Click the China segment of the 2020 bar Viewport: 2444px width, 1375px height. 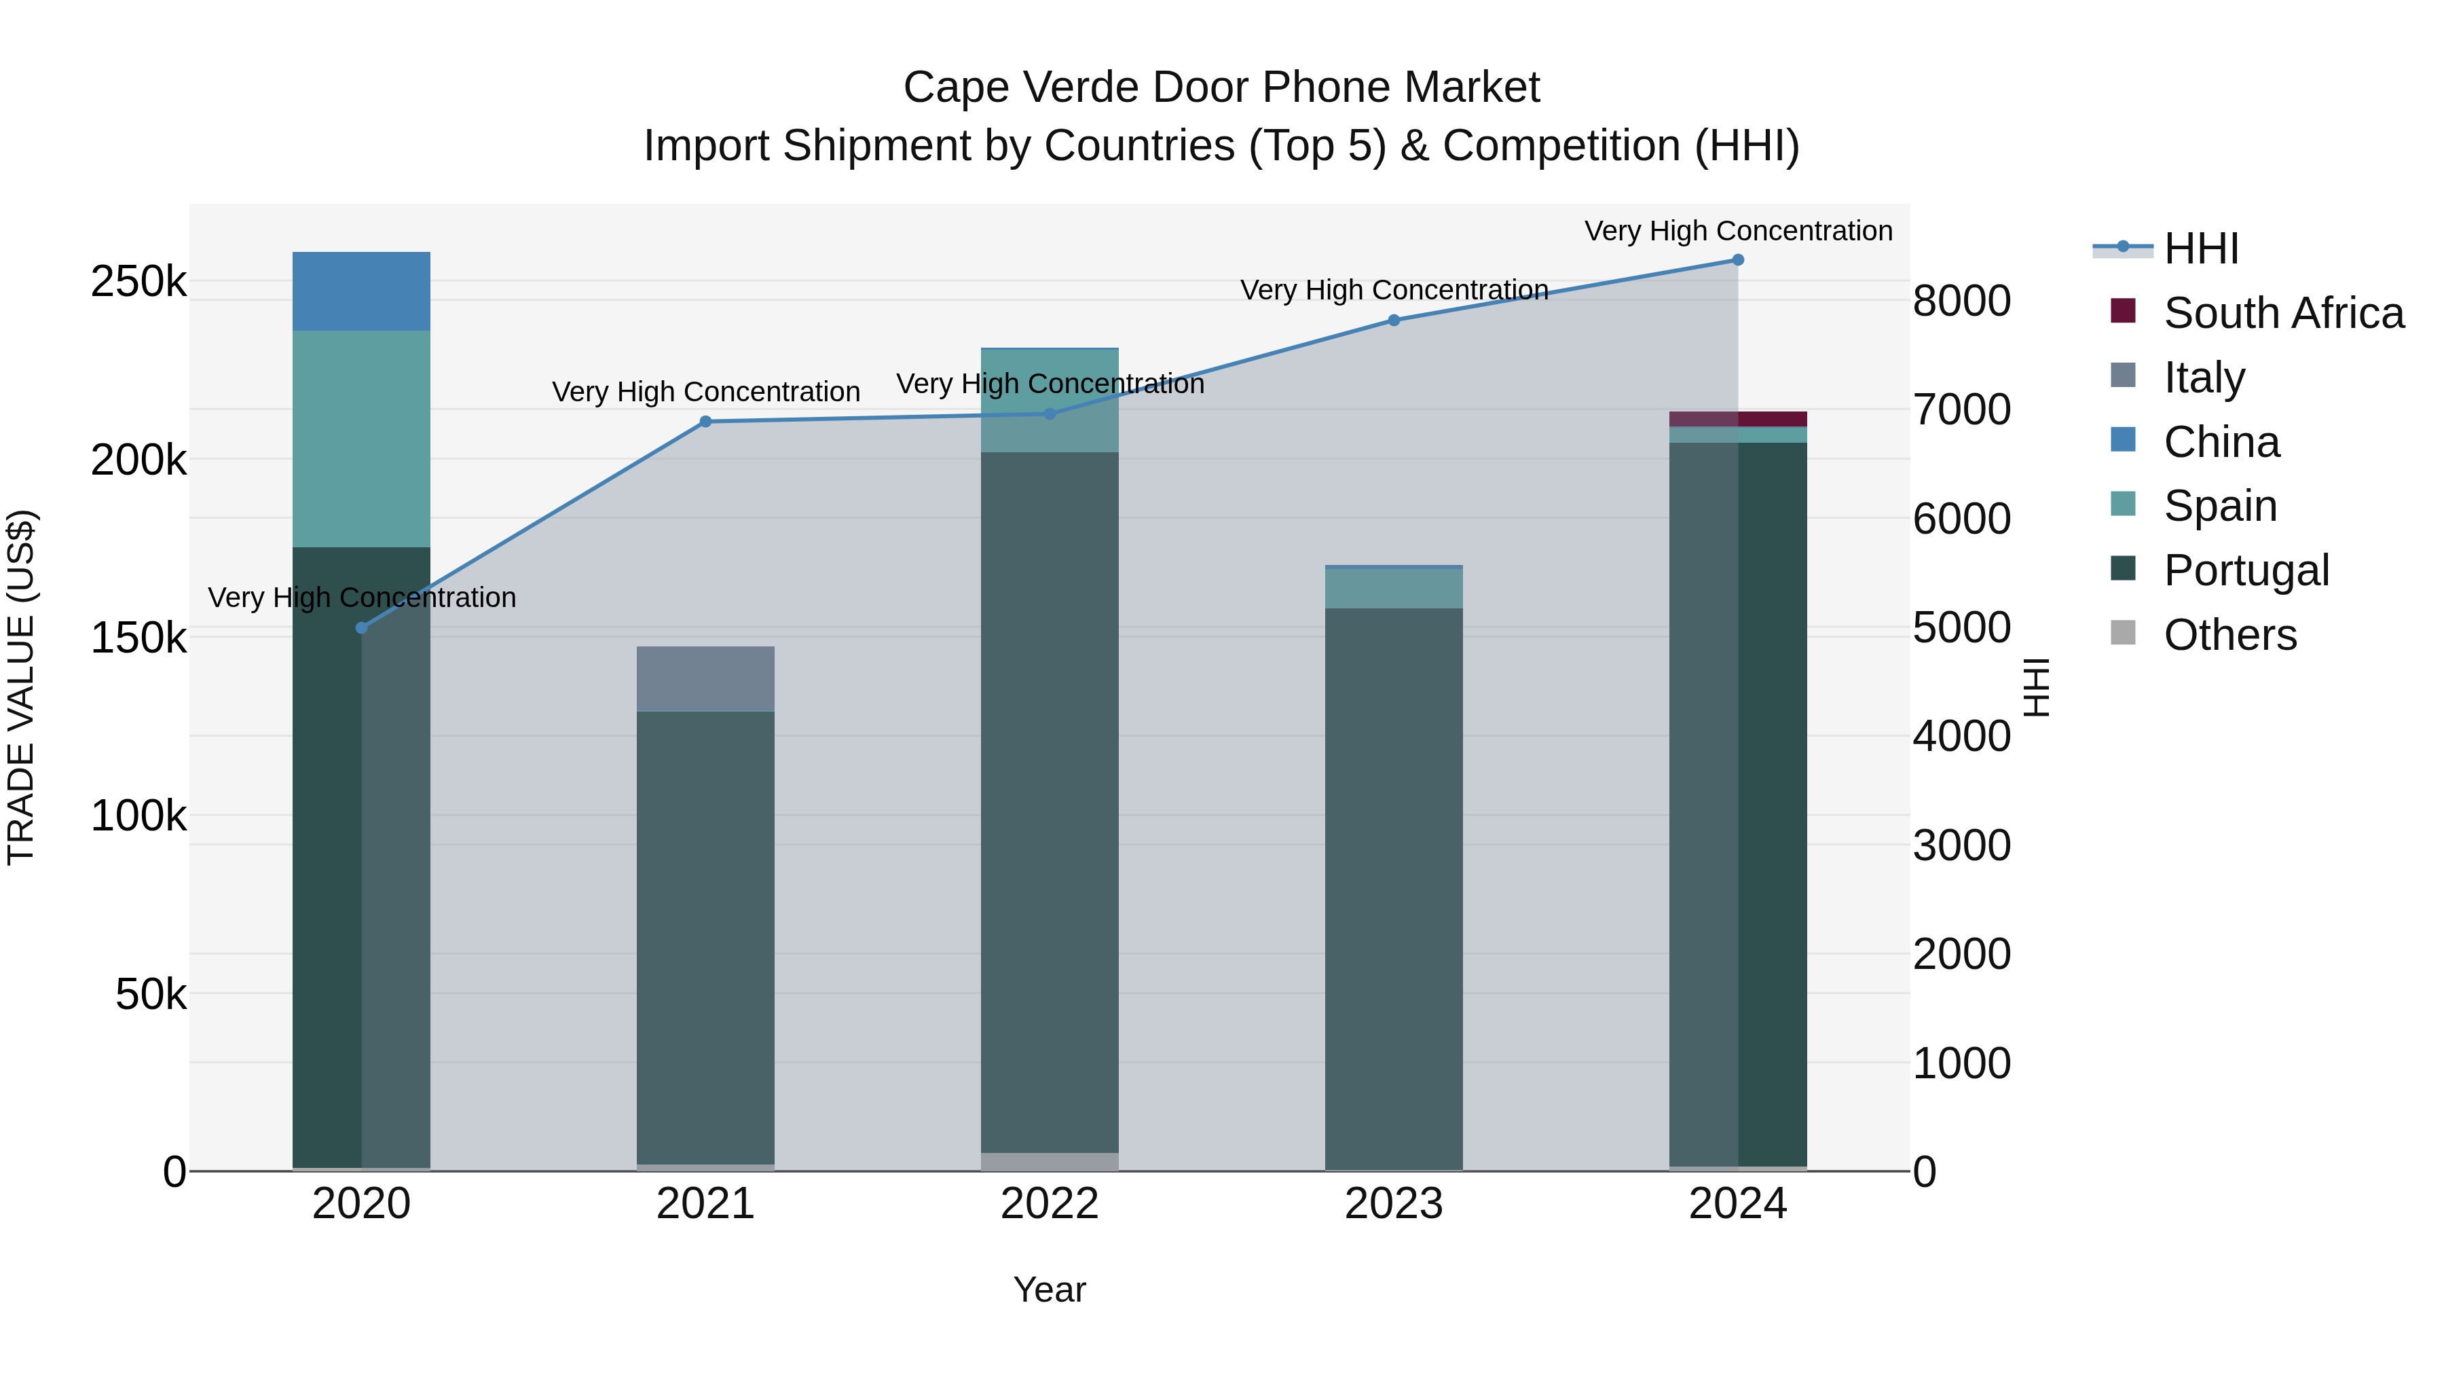point(360,291)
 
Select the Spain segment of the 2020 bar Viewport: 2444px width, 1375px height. point(360,439)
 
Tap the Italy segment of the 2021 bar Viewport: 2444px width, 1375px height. point(705,678)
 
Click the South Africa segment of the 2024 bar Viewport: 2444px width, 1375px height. point(1738,418)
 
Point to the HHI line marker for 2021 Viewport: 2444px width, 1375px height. point(705,421)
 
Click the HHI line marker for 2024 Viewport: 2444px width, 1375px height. point(1738,259)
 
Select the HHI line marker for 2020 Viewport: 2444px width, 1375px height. point(360,627)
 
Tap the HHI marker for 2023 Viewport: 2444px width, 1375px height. point(1394,320)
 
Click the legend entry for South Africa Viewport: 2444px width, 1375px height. point(2282,313)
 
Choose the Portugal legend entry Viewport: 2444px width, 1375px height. point(2245,570)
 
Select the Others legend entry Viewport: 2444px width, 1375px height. point(2229,635)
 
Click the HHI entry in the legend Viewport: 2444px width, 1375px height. point(2200,249)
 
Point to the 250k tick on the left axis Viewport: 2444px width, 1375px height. point(138,282)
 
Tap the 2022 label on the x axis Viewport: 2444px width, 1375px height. point(1050,1204)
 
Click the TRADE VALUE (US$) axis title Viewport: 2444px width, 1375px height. point(21,687)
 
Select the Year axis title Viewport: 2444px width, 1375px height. point(1050,1289)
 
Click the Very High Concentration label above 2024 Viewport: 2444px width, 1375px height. point(1738,231)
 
